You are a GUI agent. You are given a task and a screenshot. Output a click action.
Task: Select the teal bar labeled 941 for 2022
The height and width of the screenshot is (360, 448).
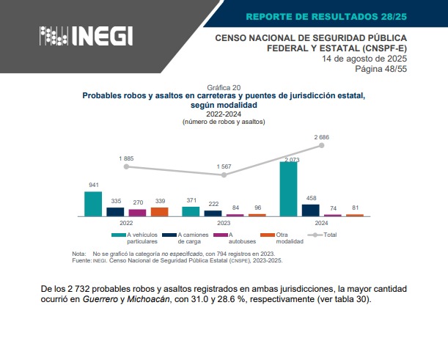click(x=92, y=204)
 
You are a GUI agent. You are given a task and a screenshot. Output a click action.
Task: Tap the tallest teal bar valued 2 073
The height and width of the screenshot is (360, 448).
click(x=288, y=189)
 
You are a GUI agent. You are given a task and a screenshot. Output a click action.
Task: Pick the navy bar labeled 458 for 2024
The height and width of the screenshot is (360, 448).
click(x=310, y=210)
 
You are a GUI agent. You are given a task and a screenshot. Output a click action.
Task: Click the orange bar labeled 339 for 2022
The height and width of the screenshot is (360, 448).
click(x=159, y=211)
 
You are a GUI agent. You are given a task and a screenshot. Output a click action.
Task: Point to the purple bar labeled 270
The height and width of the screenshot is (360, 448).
click(x=137, y=213)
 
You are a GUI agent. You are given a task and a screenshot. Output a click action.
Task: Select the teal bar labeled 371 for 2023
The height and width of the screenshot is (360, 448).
click(x=191, y=211)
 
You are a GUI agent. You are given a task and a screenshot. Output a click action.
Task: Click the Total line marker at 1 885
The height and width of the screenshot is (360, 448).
click(x=126, y=166)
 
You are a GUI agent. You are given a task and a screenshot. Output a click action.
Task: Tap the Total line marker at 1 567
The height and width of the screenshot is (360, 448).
click(x=224, y=175)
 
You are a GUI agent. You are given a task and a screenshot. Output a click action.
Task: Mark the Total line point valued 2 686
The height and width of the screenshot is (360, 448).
click(x=321, y=146)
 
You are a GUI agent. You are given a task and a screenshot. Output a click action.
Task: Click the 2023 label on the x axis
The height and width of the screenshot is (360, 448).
click(x=224, y=222)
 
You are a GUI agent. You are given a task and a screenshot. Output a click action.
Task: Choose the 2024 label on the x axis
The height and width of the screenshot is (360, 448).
click(x=321, y=222)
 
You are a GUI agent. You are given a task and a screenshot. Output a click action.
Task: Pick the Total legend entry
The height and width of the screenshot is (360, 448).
click(x=323, y=235)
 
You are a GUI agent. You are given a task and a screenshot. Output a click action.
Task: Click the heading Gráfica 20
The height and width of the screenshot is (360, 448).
click(x=224, y=87)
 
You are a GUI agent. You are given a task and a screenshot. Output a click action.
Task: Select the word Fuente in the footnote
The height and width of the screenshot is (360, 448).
click(x=81, y=260)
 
